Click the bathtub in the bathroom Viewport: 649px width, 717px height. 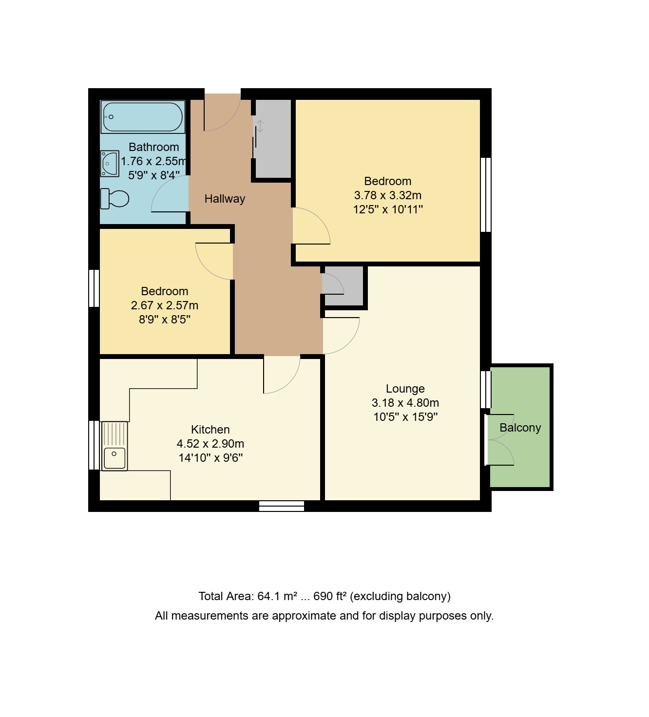pos(143,117)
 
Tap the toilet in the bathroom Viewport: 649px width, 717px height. pos(115,199)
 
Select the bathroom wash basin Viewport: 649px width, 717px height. pos(110,164)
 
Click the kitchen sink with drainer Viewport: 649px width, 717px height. pos(115,446)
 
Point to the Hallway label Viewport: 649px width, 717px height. pos(225,199)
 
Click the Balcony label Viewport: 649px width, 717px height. pos(520,428)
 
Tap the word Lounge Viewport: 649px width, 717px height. pos(405,389)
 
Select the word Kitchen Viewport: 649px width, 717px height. pos(210,429)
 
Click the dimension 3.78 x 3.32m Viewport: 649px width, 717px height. pos(388,195)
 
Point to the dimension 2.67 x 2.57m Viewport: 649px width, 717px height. pos(165,305)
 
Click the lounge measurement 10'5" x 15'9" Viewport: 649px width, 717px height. pos(405,417)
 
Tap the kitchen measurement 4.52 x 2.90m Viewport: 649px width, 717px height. pos(210,444)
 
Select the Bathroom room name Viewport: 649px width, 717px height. pos(154,147)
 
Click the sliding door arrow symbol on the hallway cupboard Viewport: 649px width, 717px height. pos(260,126)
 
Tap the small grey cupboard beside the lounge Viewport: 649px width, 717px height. pos(344,286)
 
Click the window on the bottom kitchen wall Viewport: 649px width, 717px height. pos(282,506)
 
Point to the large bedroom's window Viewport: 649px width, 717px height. pos(486,195)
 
